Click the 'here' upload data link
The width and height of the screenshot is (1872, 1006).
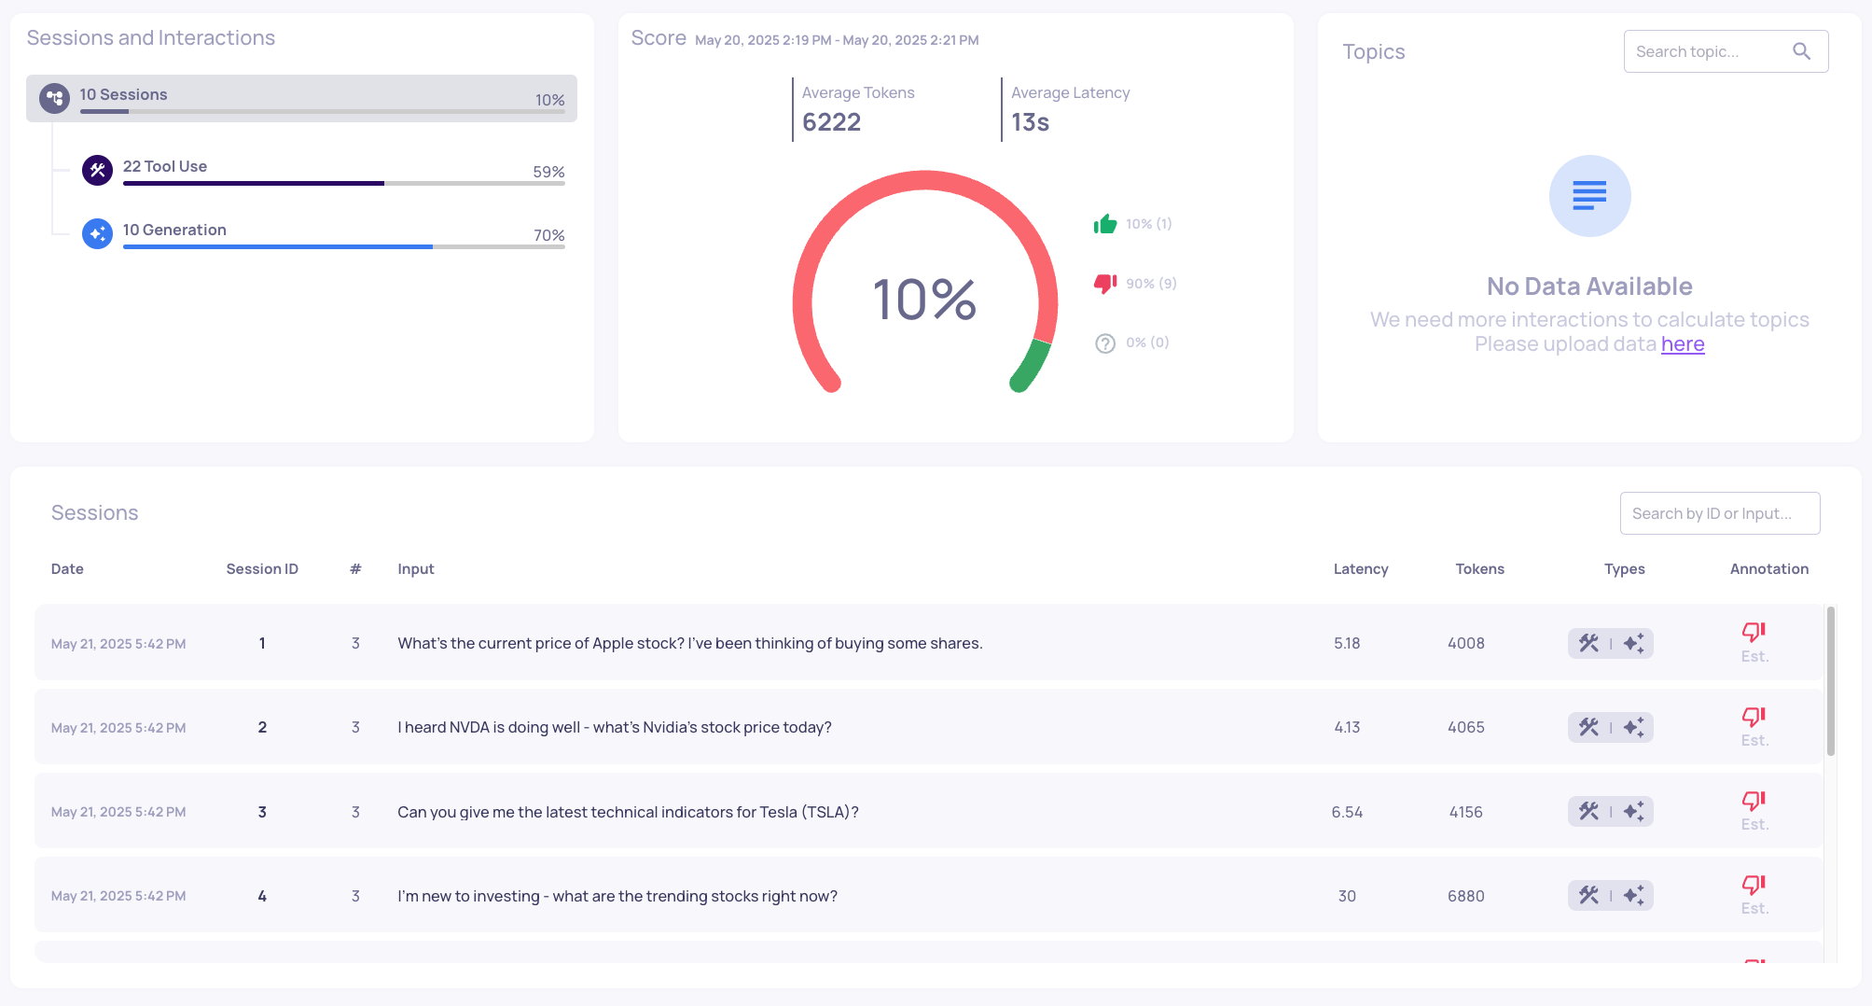click(1682, 344)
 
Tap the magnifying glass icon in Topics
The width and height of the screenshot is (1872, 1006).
click(1801, 52)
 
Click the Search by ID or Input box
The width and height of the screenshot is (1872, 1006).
click(1719, 513)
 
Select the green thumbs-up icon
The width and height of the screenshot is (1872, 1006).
click(1105, 224)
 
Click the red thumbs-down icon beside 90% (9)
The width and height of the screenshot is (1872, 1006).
click(1105, 283)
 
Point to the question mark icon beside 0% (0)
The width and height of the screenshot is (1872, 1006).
click(1105, 343)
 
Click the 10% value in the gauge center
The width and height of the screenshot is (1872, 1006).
click(924, 300)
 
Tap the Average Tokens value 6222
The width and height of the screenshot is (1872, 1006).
click(831, 122)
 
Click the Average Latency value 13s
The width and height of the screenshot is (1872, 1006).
click(1030, 122)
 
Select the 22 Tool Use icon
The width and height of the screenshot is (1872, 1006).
click(97, 170)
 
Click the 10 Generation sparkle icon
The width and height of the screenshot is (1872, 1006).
click(97, 233)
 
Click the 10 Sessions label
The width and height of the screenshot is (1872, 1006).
click(123, 94)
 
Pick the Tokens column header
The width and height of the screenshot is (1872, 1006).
click(1479, 569)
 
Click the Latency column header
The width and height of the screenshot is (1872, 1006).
click(1360, 569)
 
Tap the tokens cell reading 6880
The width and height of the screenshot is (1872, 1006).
click(1465, 896)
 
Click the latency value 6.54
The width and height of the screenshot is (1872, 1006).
click(1347, 812)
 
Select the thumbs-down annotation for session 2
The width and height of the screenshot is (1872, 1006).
click(1754, 717)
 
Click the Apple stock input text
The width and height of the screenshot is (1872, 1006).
click(689, 643)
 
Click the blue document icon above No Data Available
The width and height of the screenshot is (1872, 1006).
click(1589, 196)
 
